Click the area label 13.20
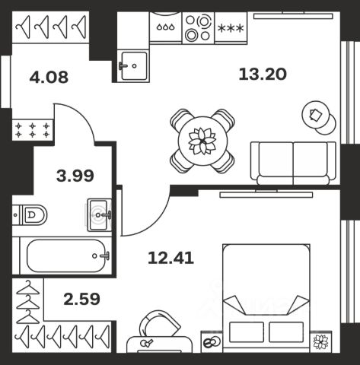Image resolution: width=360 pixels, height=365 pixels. click(263, 75)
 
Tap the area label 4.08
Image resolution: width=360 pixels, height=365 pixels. click(49, 78)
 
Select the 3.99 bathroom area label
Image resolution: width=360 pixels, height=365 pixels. click(75, 176)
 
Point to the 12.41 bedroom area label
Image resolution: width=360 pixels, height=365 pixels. click(171, 258)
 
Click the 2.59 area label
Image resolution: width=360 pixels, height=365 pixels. click(81, 299)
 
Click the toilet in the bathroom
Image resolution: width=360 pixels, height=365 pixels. click(30, 215)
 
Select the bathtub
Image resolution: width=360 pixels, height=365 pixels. click(65, 255)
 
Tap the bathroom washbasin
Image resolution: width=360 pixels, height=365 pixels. click(100, 215)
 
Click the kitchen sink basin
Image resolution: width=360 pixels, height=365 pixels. click(134, 65)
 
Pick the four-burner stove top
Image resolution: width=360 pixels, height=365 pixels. click(199, 27)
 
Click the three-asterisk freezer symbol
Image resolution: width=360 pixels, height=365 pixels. click(231, 28)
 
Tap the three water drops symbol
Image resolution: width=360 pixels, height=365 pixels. click(166, 27)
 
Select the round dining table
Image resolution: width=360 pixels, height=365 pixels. click(202, 141)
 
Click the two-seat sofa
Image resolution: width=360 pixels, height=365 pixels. click(293, 163)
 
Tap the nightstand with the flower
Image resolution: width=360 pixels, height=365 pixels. click(320, 341)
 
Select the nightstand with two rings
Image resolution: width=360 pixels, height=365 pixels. click(212, 341)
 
